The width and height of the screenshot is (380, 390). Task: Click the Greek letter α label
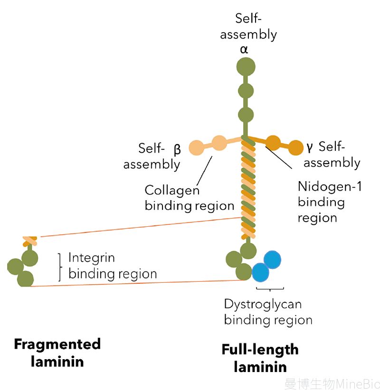point(244,50)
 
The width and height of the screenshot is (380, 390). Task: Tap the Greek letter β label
point(177,149)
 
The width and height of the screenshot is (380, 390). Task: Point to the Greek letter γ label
point(310,148)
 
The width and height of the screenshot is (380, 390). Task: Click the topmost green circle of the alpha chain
point(246,66)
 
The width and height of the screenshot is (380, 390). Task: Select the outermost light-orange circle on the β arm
point(197,148)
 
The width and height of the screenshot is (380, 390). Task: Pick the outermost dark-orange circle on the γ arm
point(295,148)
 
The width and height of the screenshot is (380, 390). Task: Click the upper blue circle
point(272,260)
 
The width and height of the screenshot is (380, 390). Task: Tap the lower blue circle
point(260,272)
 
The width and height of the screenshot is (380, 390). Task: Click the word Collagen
point(172,191)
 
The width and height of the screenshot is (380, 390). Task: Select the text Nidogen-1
point(330,186)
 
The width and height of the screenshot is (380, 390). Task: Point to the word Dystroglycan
point(263,305)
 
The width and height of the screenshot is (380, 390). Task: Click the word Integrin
point(92,258)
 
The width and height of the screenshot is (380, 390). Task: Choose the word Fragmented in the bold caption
point(57,345)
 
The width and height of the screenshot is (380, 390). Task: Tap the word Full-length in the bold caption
point(260,350)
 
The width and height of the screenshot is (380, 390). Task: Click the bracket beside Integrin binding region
point(60,268)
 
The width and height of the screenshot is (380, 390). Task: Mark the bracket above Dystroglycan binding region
point(270,289)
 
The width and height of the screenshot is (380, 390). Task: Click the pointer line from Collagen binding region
point(204,171)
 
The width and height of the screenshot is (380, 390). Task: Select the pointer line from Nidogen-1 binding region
point(279,158)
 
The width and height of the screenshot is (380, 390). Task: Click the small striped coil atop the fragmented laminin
point(29,241)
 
